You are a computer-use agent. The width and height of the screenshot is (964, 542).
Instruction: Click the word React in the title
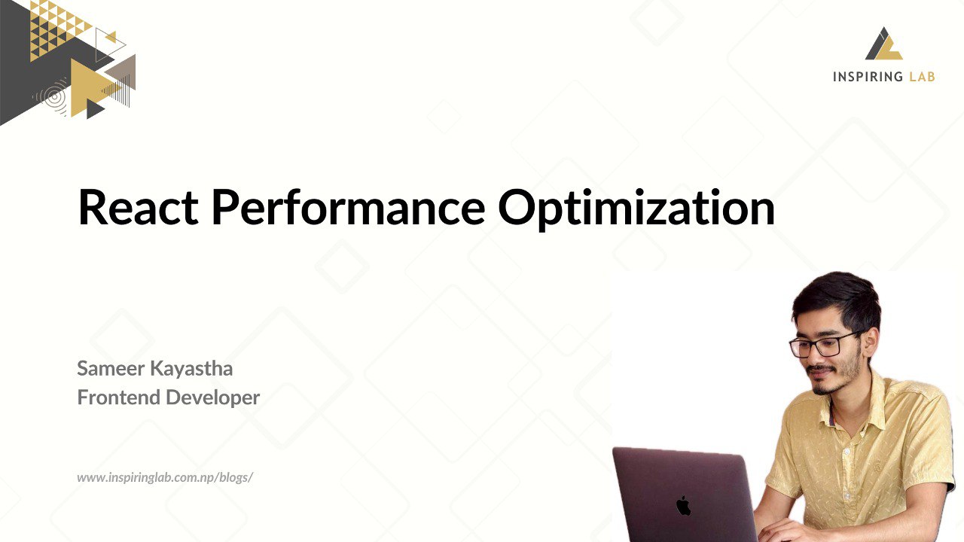tap(138, 206)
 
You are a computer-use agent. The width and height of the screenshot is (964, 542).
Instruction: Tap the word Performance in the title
tap(349, 206)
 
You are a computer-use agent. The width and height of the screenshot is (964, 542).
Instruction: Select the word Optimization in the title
tap(636, 209)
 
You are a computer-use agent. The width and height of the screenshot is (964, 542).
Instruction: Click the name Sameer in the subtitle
tap(111, 369)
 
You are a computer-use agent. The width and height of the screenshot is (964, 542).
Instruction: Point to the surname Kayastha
tap(191, 370)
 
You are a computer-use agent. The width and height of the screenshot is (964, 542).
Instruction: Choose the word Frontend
tap(119, 397)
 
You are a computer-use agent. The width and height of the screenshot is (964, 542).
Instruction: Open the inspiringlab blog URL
tap(165, 477)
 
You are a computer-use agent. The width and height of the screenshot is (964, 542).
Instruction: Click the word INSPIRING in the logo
tap(867, 77)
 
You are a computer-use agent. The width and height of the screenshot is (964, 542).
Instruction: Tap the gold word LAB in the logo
tap(922, 77)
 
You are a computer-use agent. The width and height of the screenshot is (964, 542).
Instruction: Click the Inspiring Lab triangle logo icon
tap(883, 44)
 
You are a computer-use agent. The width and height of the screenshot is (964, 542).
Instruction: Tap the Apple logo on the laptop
tap(683, 505)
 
